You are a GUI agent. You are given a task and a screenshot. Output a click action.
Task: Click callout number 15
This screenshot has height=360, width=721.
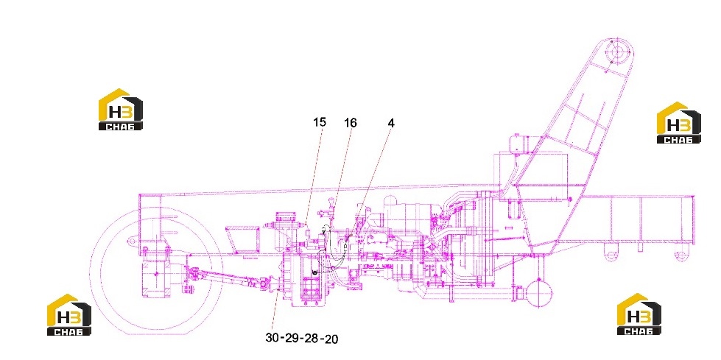click(x=320, y=122)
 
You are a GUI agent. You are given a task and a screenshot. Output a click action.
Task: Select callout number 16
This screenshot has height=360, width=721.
click(x=351, y=122)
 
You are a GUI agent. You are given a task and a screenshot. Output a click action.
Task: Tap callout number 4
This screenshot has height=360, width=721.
click(x=391, y=123)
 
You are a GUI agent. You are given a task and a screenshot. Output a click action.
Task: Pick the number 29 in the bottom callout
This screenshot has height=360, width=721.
click(x=292, y=338)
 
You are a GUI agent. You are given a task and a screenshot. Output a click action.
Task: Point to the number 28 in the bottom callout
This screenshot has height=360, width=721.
click(x=312, y=339)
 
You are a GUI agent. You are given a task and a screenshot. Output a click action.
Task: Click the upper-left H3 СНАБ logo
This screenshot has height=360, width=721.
click(x=121, y=110)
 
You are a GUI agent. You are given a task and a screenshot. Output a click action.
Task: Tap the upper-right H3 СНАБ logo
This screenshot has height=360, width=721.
click(x=679, y=123)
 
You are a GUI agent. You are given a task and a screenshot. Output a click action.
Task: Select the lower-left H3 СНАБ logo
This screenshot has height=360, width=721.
click(x=69, y=314)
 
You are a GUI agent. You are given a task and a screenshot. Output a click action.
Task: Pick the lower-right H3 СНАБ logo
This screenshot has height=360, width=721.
click(x=639, y=314)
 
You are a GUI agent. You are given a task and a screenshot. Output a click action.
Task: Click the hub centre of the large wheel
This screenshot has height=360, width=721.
click(x=156, y=274)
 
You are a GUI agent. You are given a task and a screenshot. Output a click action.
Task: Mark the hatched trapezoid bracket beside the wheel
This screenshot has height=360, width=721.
click(x=245, y=239)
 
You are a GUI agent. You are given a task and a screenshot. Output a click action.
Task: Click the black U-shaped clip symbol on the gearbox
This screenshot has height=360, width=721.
click(x=314, y=274)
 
